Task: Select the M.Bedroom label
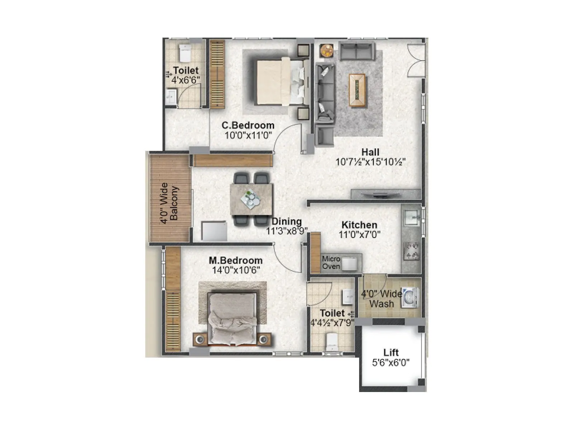tap(236, 261)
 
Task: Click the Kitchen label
tap(359, 225)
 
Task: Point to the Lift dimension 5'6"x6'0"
tap(391, 363)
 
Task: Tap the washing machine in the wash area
tap(410, 297)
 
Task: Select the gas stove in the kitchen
tap(411, 251)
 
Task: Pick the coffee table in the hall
tap(357, 90)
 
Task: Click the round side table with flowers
tap(326, 51)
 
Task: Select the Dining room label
tap(286, 221)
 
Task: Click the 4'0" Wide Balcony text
tap(169, 204)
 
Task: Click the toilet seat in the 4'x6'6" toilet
tap(185, 53)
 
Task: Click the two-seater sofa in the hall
tap(357, 51)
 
